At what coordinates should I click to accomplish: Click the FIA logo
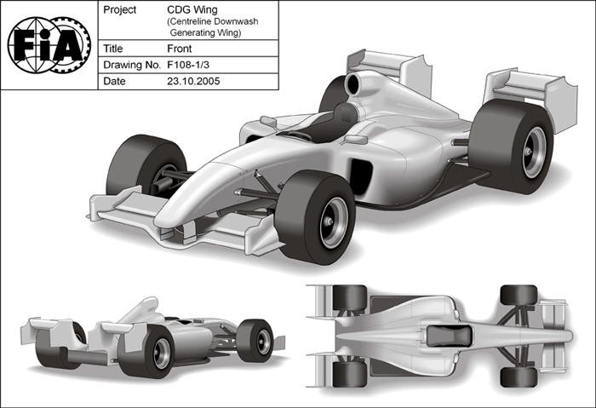click(x=49, y=45)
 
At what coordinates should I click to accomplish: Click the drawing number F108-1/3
click(x=188, y=65)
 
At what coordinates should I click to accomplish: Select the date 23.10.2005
click(x=193, y=81)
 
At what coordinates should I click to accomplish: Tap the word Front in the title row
click(x=180, y=49)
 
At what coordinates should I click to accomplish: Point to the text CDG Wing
click(x=192, y=9)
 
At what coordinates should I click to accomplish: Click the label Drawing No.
click(x=132, y=65)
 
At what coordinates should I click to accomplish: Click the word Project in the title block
click(x=120, y=10)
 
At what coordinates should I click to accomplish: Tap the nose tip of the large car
click(x=160, y=221)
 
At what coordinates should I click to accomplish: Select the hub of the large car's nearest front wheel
click(x=330, y=221)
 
